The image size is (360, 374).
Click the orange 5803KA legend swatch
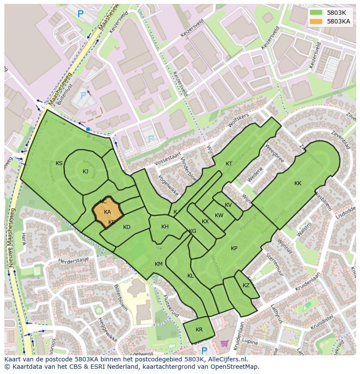pos(316,21)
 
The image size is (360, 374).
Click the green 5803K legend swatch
pos(316,13)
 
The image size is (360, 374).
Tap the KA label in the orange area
pos(107,212)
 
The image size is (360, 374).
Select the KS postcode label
pos(59,163)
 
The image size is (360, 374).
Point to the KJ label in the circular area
pos(85,172)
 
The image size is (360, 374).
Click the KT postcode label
pos(229,164)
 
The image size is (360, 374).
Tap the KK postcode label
pos(298,183)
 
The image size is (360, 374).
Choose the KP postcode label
pos(234,248)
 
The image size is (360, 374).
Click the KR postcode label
pos(199,330)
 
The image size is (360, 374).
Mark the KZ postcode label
pos(246,285)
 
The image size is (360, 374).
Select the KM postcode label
pos(158,264)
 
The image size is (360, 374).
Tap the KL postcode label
pos(190,276)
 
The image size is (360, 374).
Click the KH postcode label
pos(165,227)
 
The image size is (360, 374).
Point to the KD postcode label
pos(127,227)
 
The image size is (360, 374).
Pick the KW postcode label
pos(219,215)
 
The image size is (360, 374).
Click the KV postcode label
pos(228,205)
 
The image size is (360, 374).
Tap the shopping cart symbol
pos(224,344)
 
